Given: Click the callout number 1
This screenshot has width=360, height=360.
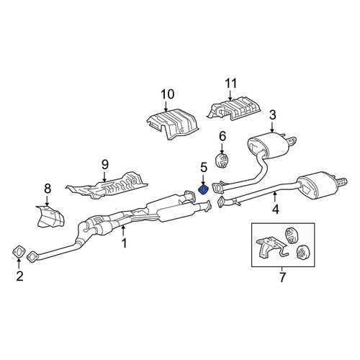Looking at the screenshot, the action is click(124, 244).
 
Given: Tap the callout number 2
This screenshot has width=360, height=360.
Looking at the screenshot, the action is click(19, 276).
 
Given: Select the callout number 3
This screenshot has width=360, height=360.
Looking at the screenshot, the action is click(273, 115).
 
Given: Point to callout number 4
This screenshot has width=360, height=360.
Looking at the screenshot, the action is click(276, 209).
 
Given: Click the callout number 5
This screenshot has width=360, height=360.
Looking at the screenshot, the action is click(204, 167).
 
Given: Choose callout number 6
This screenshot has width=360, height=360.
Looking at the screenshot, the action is click(222, 136).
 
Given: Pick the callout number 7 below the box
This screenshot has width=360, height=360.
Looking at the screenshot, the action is click(282, 277).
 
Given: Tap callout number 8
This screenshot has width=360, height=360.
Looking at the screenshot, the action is click(48, 189).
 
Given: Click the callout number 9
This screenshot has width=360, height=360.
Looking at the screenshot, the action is click(105, 165).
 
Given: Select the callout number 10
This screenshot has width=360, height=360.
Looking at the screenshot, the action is click(167, 94).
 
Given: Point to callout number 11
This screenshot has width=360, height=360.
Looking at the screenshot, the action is click(231, 84).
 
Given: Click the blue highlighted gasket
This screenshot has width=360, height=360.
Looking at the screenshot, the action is click(203, 190).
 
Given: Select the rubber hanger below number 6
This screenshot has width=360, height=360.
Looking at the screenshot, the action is click(221, 161).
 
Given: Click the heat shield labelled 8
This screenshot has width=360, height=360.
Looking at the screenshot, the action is click(50, 217).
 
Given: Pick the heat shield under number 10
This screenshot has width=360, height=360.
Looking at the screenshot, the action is click(172, 124).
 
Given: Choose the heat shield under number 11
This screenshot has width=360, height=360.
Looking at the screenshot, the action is click(234, 109).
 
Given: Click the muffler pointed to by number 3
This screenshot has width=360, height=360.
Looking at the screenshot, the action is click(269, 145).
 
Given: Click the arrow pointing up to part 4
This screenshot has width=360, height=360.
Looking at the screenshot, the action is click(275, 197).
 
